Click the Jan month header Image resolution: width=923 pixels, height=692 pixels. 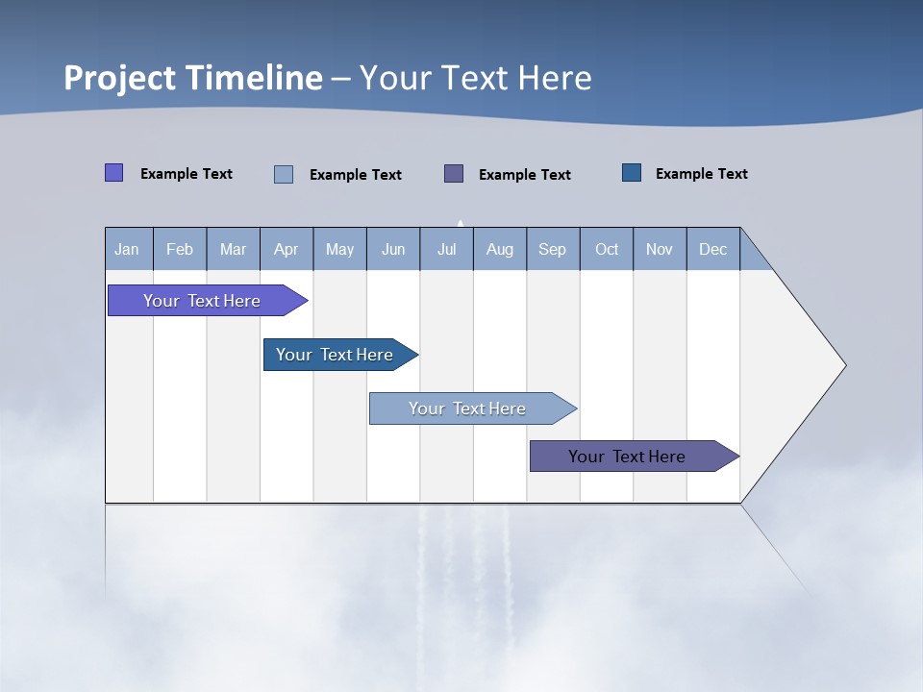click(128, 249)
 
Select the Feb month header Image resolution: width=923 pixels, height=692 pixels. click(180, 249)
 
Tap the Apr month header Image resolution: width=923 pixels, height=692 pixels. click(287, 249)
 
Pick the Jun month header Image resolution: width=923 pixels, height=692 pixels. click(393, 249)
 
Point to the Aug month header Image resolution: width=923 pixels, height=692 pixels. click(500, 249)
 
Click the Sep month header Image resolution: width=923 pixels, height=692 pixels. click(553, 249)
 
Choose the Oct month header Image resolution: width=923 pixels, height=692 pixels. click(607, 249)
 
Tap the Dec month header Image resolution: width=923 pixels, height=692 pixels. click(713, 249)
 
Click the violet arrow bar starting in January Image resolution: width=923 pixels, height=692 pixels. click(202, 301)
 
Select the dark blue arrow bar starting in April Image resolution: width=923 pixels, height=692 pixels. click(335, 355)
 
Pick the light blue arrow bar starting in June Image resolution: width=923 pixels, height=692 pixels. click(467, 408)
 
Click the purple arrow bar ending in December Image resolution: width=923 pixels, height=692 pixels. click(627, 457)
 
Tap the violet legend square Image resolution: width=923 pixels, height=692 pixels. click(113, 173)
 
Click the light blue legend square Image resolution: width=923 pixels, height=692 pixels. click(284, 174)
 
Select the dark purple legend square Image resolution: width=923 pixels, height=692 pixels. click(454, 173)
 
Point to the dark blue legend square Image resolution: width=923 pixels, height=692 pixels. click(632, 172)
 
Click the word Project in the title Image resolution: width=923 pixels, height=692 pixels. click(120, 78)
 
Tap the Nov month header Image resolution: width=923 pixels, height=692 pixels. click(660, 249)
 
